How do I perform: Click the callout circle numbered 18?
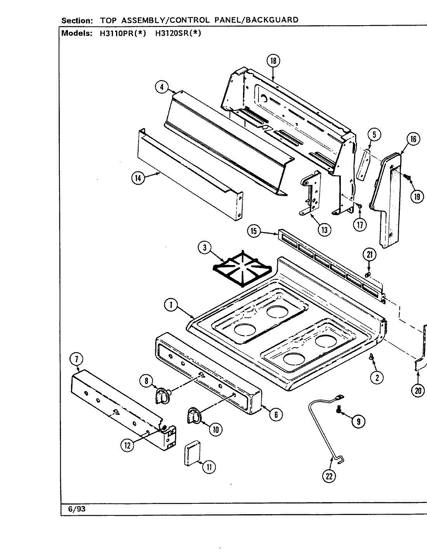273,60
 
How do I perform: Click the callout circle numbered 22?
329,476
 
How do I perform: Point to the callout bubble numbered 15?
253,231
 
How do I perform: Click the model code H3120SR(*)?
178,33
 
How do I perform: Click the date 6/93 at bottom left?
77,509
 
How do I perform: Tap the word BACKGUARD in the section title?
274,19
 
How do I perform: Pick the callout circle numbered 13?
324,230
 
